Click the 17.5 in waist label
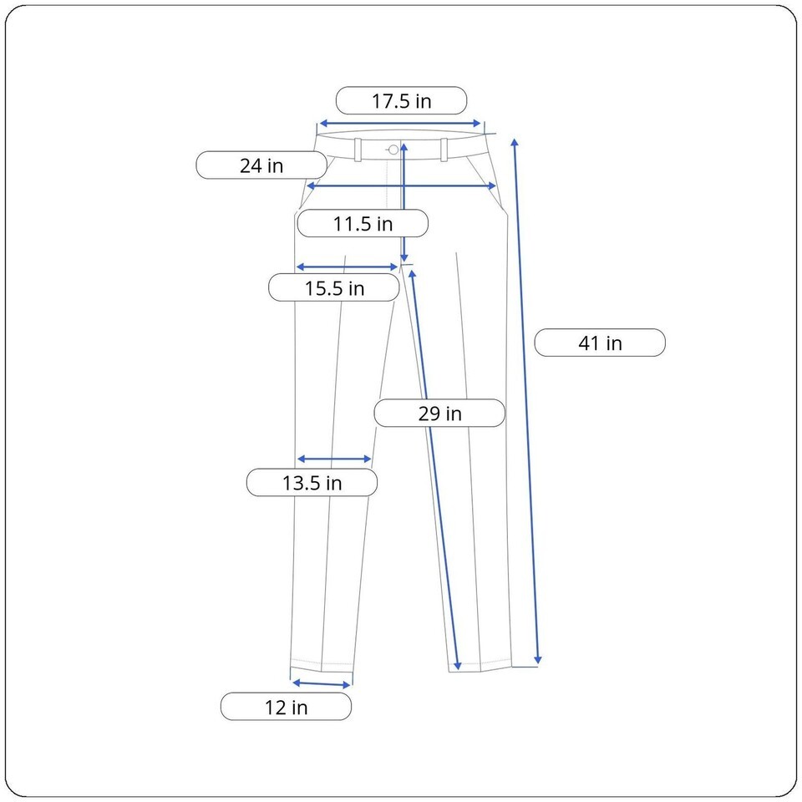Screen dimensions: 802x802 click(x=402, y=101)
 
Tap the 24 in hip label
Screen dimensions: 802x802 click(x=261, y=165)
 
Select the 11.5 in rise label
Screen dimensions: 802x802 click(x=363, y=224)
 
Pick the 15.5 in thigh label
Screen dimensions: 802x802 click(x=334, y=288)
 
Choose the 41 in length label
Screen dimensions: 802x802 click(x=600, y=343)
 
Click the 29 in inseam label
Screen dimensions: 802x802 click(x=439, y=414)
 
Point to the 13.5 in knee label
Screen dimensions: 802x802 click(x=312, y=483)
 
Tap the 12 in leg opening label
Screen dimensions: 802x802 click(x=286, y=707)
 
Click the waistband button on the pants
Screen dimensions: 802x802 click(x=393, y=150)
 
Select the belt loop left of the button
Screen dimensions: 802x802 click(x=358, y=150)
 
